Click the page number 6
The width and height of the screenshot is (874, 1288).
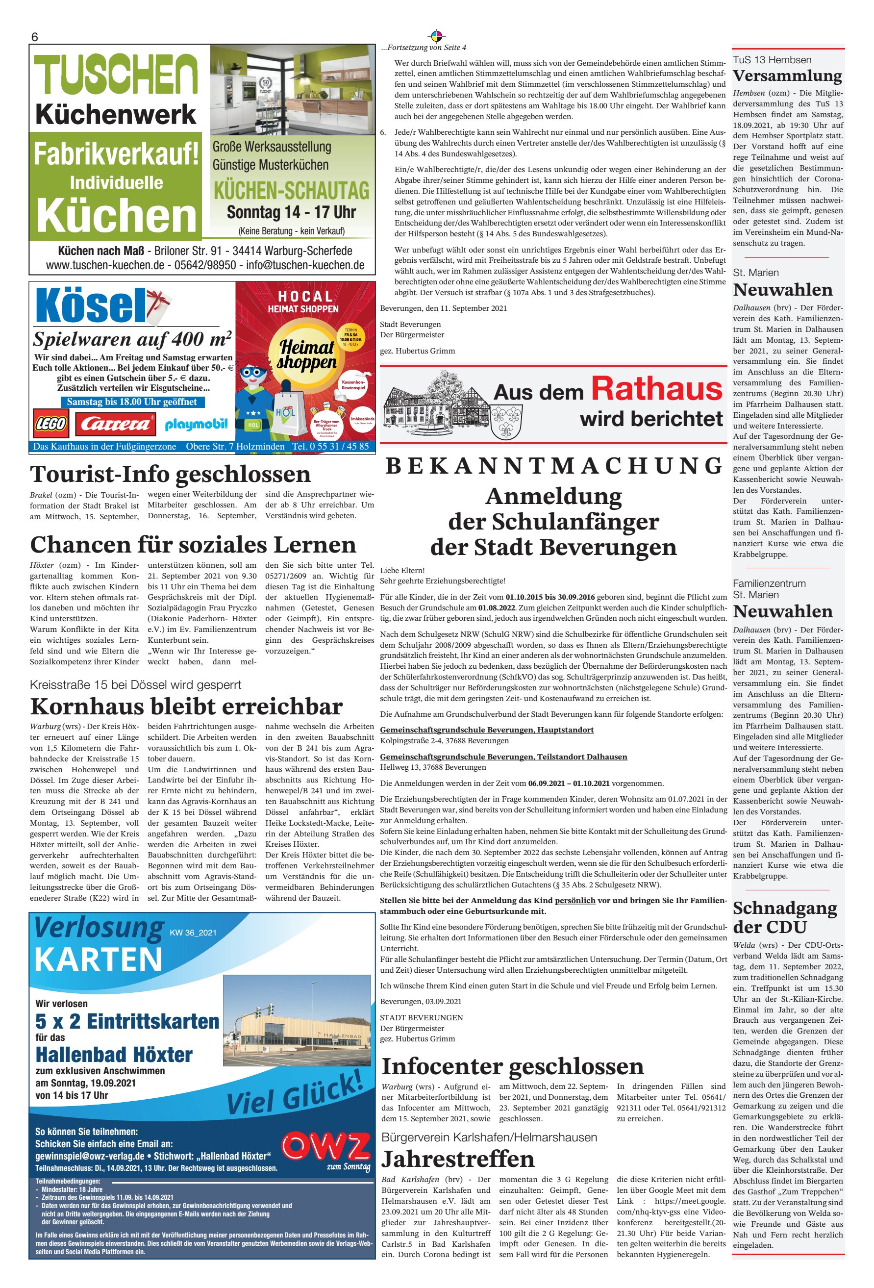[34, 37]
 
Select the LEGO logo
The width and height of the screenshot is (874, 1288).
[51, 425]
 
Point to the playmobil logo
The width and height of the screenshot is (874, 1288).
[196, 425]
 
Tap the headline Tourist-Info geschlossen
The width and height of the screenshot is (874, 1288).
[170, 475]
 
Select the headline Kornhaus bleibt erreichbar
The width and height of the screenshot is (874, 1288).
[186, 707]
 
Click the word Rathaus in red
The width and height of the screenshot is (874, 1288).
[657, 389]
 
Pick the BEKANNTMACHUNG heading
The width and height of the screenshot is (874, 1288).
[553, 466]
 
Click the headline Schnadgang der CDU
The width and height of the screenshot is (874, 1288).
[785, 917]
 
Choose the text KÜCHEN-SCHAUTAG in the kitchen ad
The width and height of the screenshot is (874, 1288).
[292, 191]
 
